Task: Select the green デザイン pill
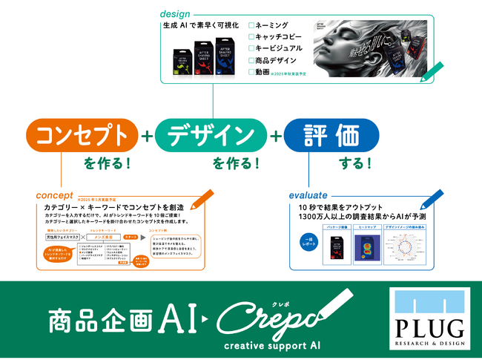click(x=209, y=136)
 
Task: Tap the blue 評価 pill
click(x=331, y=136)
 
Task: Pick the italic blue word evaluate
click(x=310, y=195)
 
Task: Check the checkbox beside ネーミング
click(x=252, y=24)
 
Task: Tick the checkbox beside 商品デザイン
click(x=252, y=60)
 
